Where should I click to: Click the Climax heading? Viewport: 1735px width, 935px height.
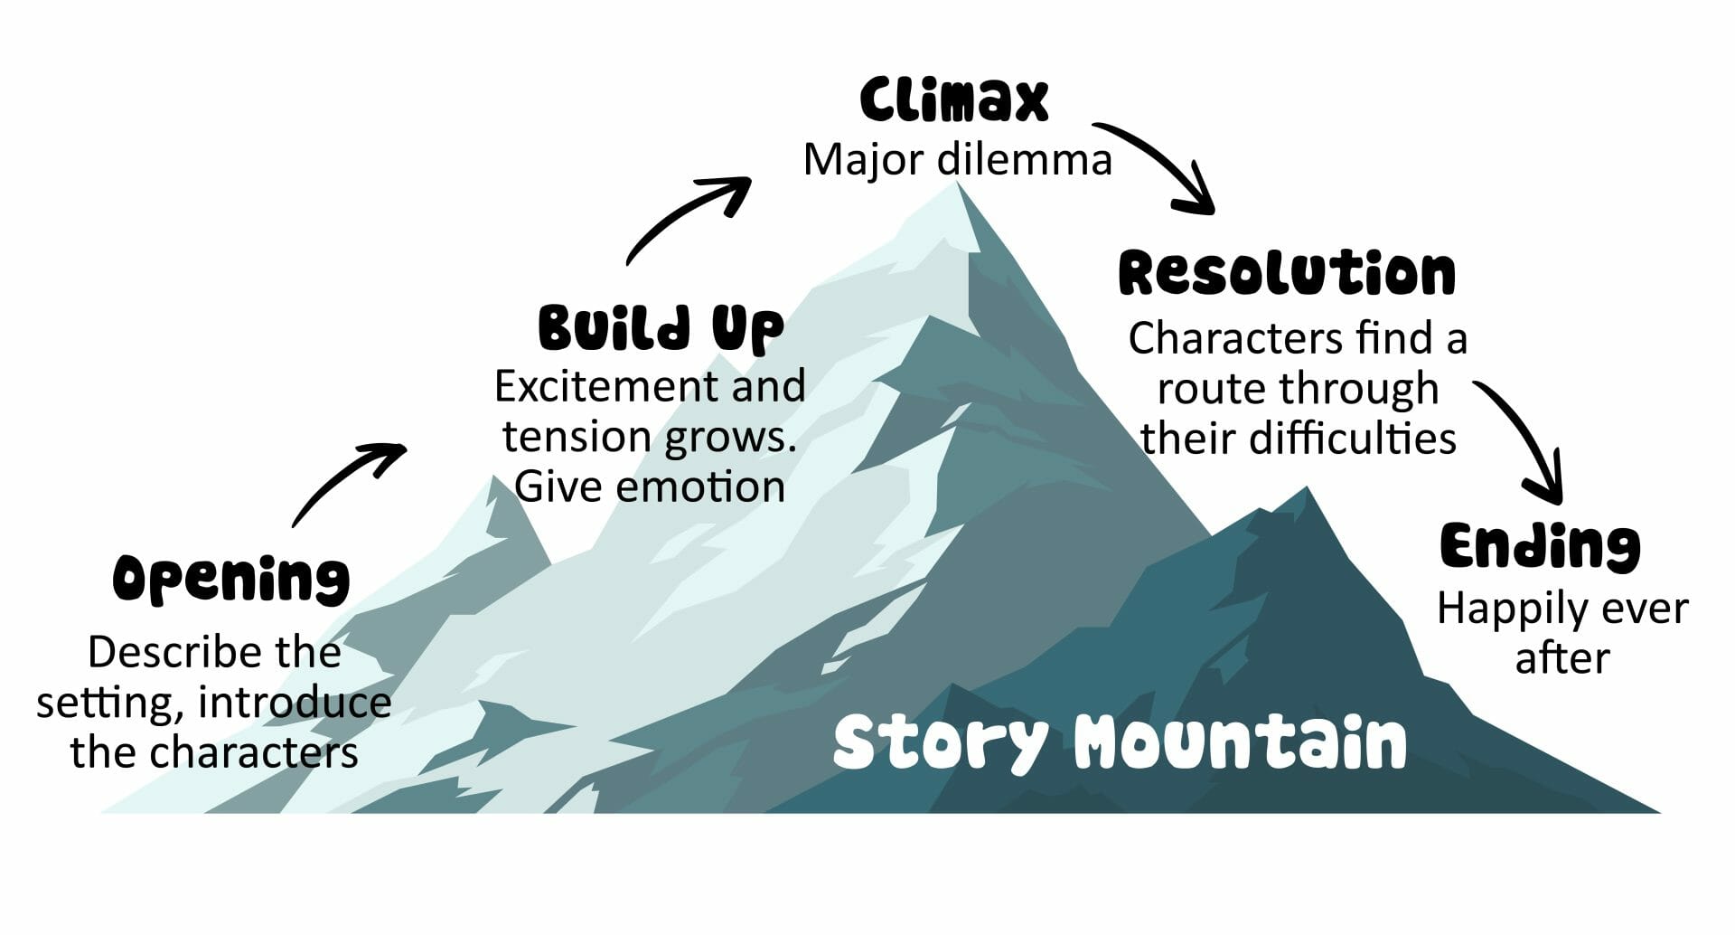pos(954,99)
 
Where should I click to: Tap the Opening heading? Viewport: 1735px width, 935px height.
pos(231,578)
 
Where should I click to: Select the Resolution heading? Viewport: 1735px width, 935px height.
pos(1288,273)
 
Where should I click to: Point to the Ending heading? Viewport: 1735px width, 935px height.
pos(1540,546)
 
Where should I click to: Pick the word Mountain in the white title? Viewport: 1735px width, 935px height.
pos(1241,742)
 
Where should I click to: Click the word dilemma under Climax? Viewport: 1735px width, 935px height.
pos(1024,160)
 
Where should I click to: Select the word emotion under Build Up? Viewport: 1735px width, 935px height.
pos(714,487)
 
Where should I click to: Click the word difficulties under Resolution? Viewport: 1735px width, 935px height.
pos(1352,439)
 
